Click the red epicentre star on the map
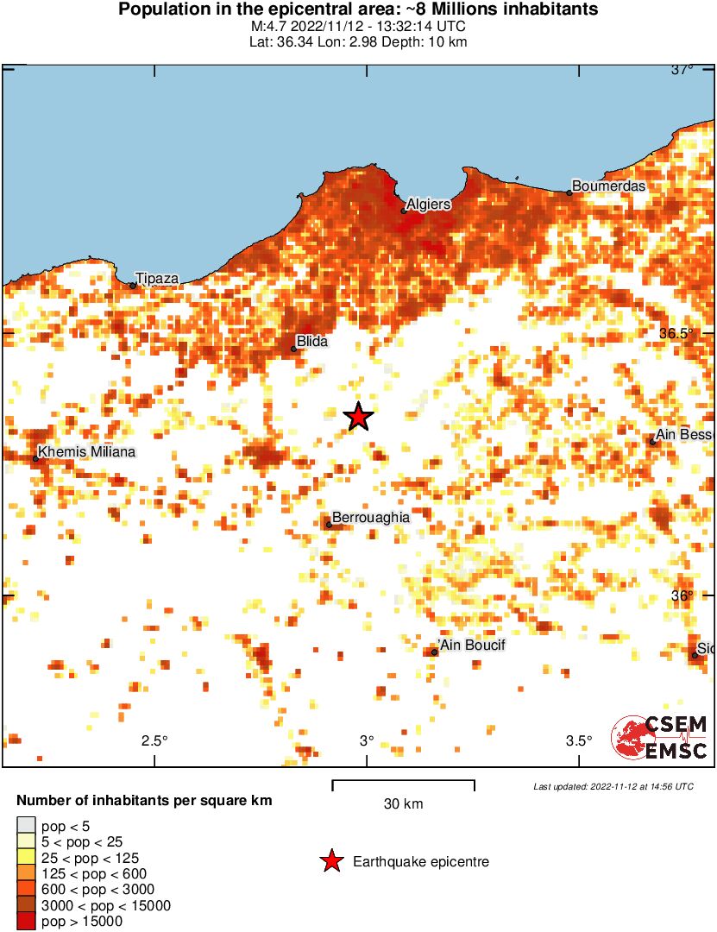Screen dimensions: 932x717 pos(358,417)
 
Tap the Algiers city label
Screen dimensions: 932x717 pos(428,205)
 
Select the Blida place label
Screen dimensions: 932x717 pos(311,342)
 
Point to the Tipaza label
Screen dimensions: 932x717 pos(157,278)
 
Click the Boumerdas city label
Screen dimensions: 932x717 pos(608,186)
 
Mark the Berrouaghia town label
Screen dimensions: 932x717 pos(370,517)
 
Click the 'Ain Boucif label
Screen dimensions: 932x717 pos(471,645)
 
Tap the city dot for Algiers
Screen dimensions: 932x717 pos(404,211)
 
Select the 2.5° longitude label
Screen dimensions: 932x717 pos(154,740)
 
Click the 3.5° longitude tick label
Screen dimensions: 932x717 pos(579,740)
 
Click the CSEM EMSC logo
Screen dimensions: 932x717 pos(660,737)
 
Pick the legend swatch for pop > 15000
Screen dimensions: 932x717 pos(26,922)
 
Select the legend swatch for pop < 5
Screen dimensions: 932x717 pos(26,826)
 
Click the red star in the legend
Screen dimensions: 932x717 pos(330,861)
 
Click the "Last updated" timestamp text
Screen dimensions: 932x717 pos(613,786)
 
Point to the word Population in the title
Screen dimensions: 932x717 pos(162,9)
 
